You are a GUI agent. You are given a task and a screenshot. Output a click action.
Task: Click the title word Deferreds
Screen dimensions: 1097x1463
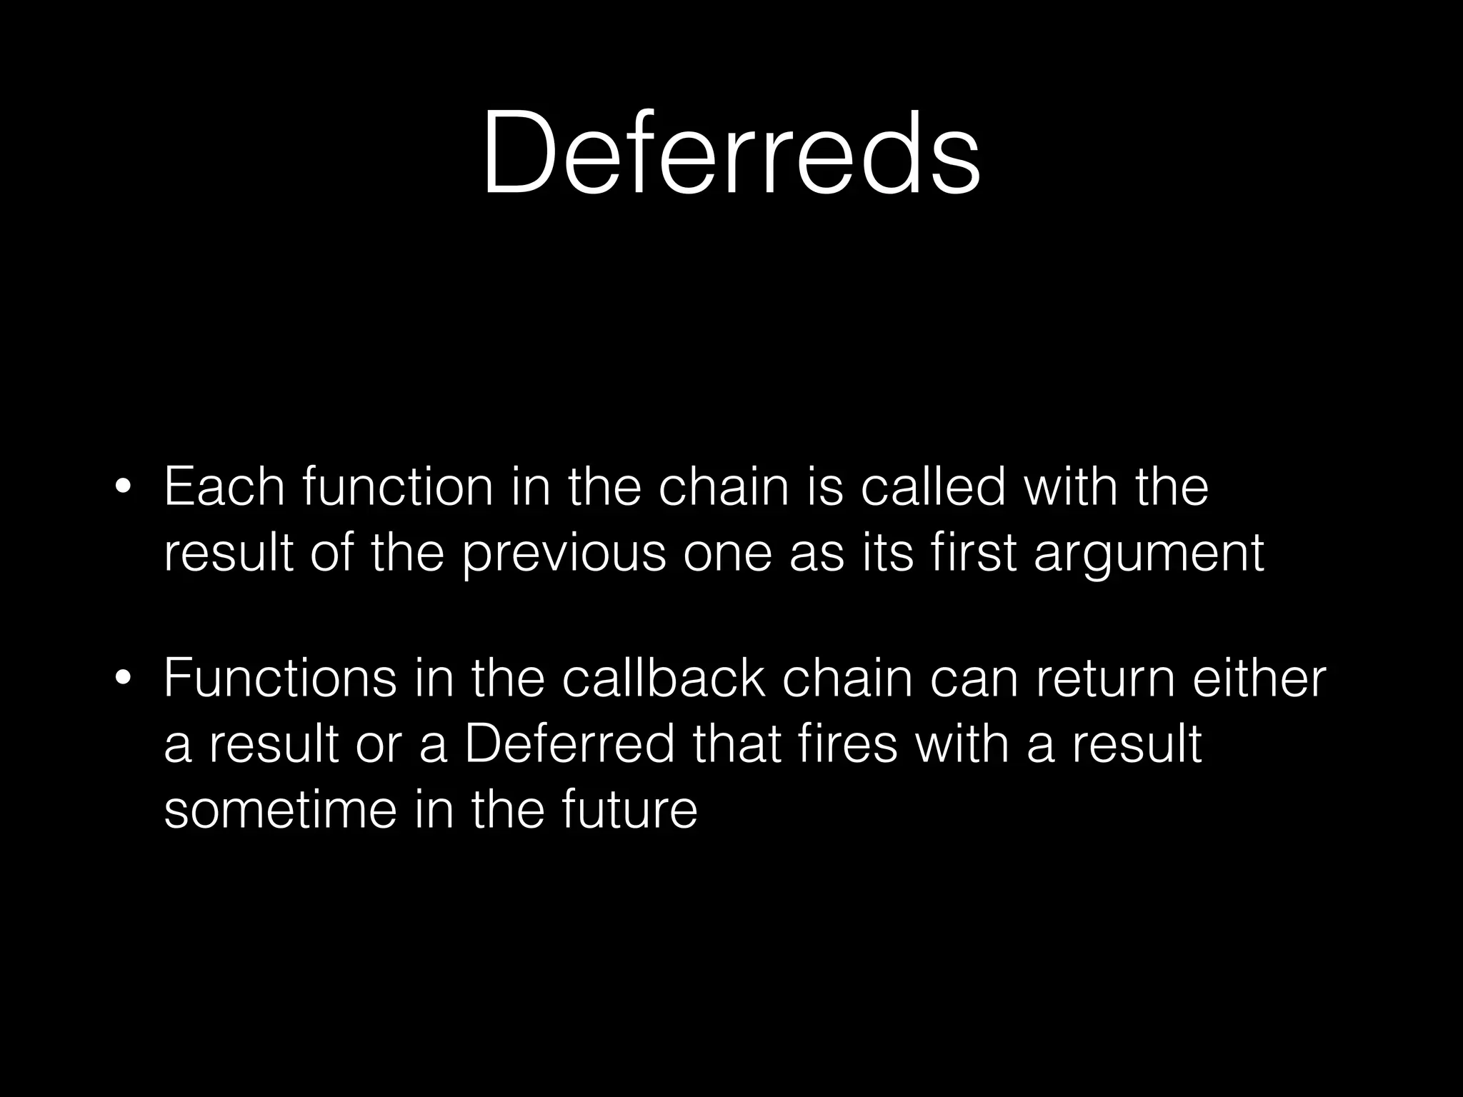pos(731,152)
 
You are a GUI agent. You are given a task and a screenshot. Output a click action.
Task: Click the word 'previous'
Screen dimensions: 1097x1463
pos(564,553)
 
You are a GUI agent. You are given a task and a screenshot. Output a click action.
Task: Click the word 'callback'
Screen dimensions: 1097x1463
pos(664,678)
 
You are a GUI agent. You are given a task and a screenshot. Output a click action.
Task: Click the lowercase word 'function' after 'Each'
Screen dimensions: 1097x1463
pos(398,487)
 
